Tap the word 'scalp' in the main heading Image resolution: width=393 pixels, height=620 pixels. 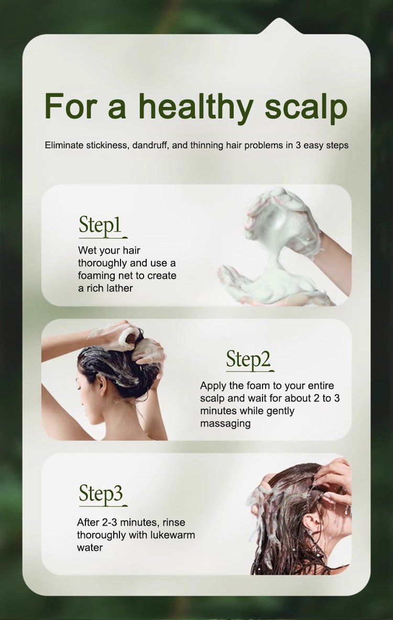306,108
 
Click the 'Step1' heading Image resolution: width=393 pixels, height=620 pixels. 100,226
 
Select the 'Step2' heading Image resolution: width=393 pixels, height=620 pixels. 248,360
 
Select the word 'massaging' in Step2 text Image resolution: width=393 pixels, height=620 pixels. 225,424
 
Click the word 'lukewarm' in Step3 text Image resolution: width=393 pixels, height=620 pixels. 174,535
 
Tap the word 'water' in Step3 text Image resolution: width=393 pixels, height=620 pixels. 90,548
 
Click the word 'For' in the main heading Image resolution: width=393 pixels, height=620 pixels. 72,107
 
